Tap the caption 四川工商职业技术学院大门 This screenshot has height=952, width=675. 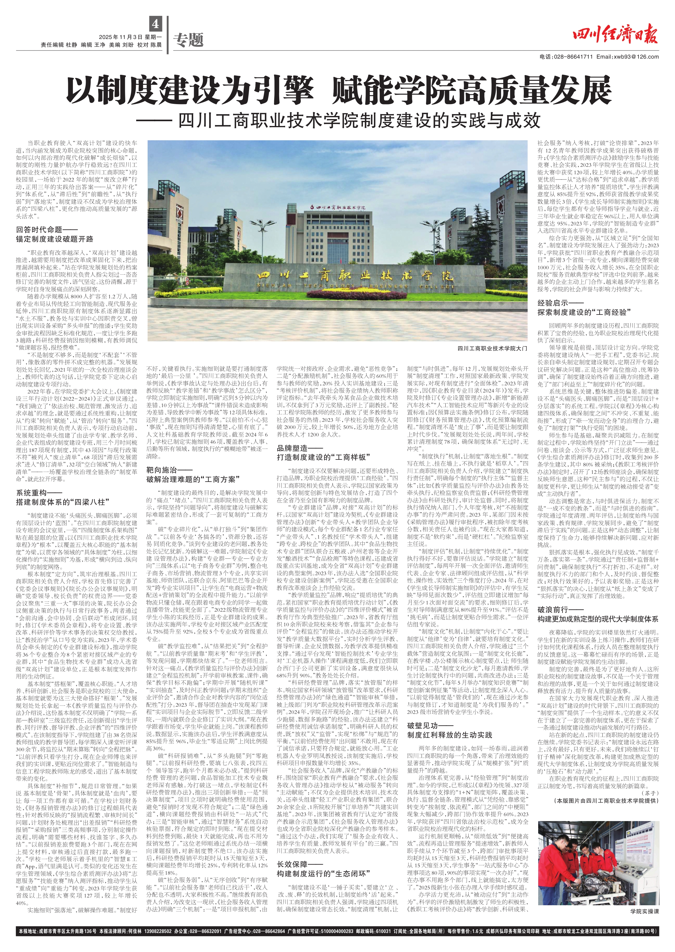click(492, 348)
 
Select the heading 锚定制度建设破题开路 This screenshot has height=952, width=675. click(55, 239)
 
